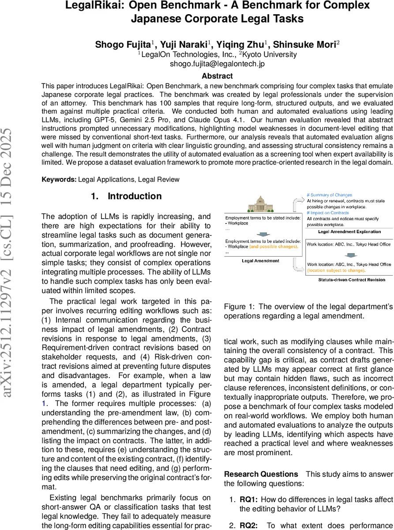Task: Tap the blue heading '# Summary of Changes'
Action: [x=329, y=195]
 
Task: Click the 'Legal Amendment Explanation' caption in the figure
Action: [x=349, y=231]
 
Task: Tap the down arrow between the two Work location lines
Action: [x=349, y=255]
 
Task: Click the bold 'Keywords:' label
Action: [x=59, y=179]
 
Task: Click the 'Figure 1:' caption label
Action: [x=239, y=307]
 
